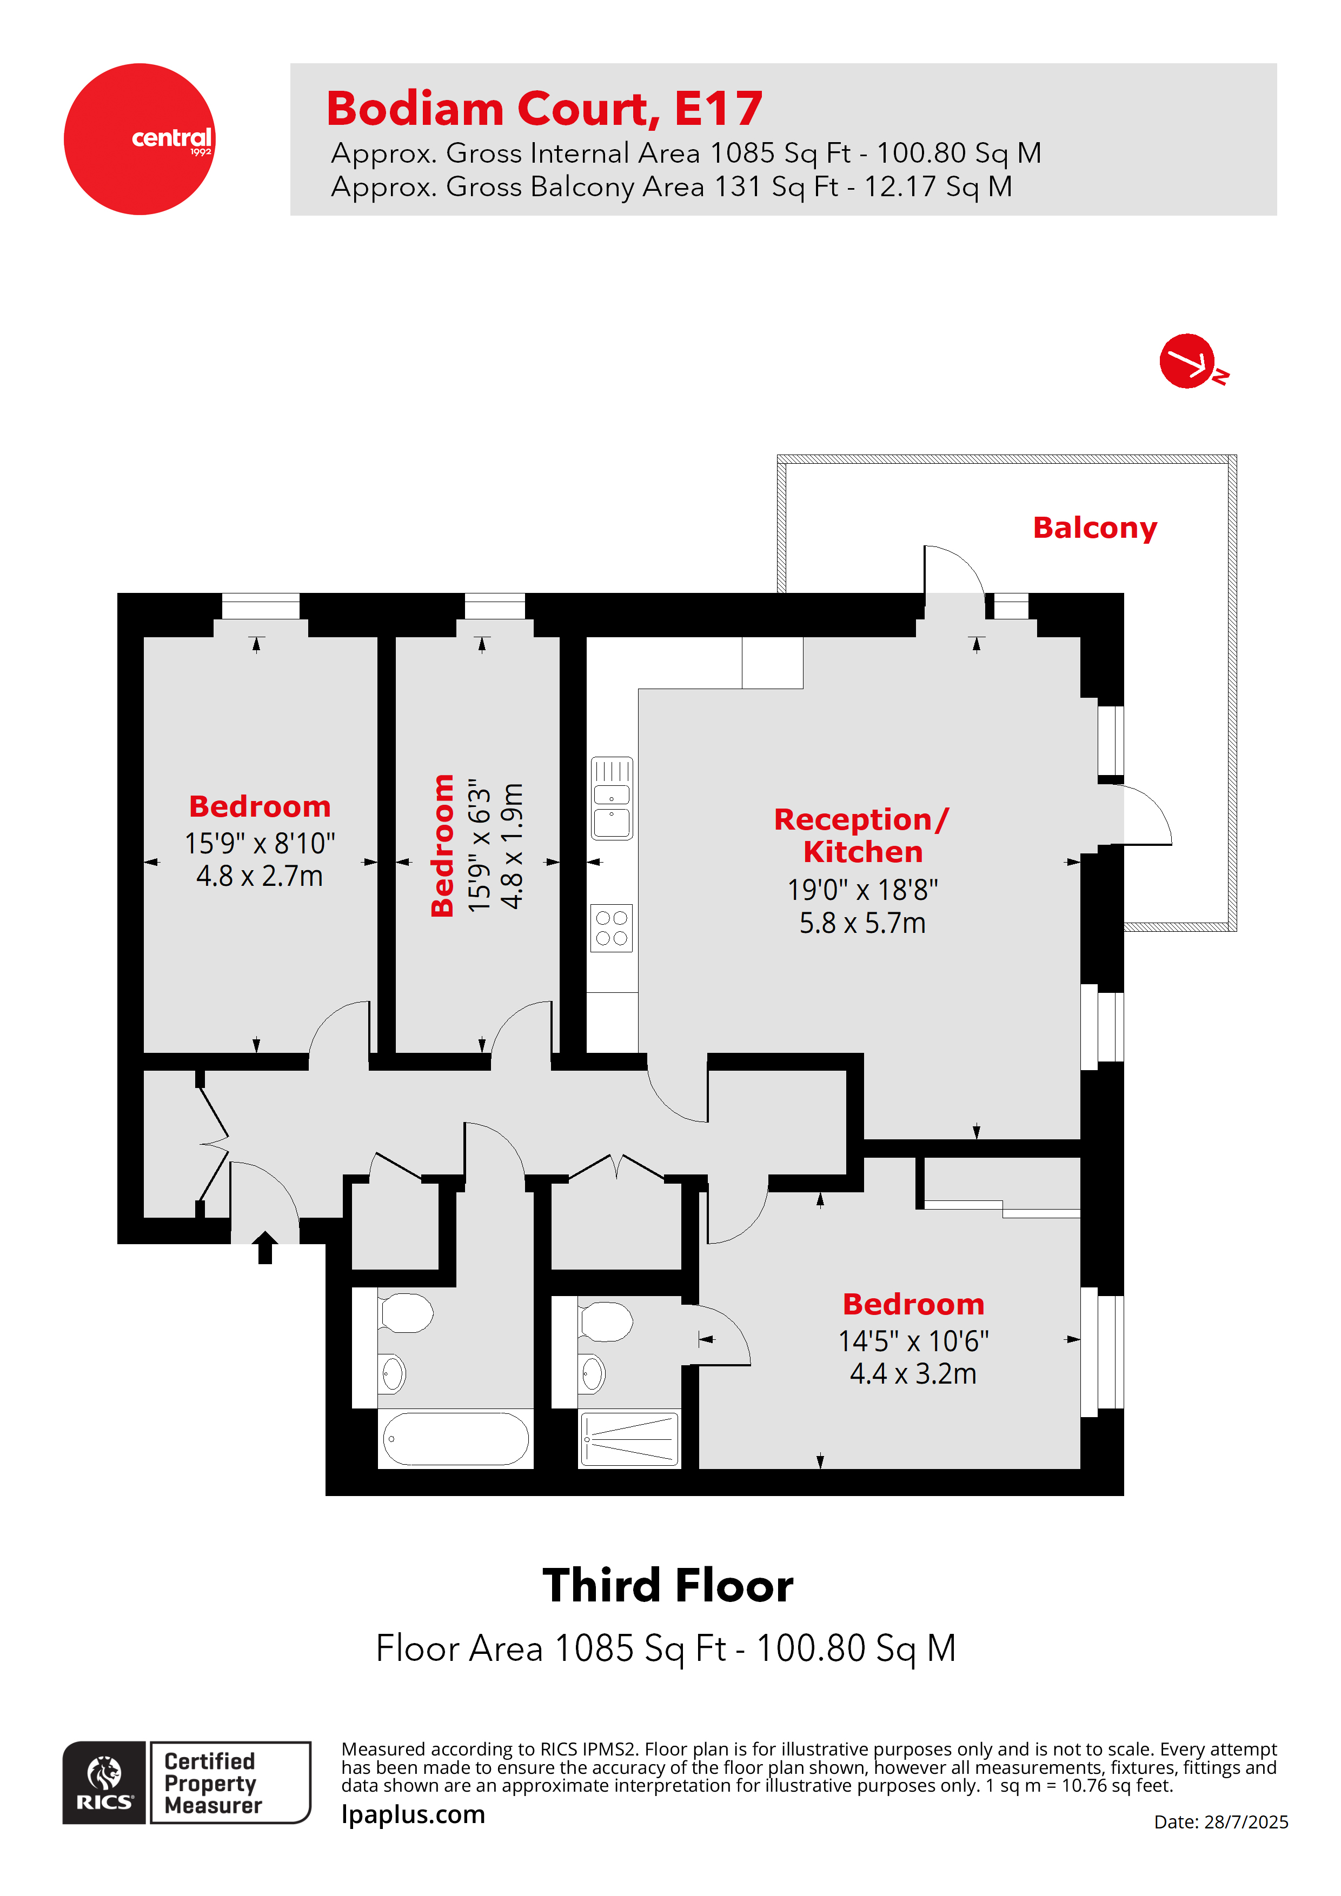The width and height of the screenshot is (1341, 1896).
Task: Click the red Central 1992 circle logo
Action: [139, 139]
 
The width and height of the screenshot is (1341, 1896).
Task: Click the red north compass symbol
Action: [1187, 361]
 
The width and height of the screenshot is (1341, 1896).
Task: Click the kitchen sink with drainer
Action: [612, 798]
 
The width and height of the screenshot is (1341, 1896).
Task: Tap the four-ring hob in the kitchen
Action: [612, 927]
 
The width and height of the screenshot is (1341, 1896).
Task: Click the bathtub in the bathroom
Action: [455, 1439]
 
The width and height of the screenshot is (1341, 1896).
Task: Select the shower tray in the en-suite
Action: [629, 1439]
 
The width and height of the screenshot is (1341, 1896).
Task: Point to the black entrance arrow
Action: [264, 1247]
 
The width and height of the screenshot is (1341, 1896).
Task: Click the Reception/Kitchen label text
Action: [862, 835]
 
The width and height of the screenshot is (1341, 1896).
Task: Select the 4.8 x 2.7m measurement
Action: [260, 876]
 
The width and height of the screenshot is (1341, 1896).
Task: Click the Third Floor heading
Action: [668, 1586]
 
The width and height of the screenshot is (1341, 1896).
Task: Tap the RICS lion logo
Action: [104, 1782]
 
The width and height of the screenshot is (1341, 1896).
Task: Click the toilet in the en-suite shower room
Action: [605, 1321]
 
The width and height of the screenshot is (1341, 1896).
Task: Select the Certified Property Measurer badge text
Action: [211, 1783]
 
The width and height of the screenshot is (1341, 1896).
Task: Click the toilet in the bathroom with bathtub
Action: [406, 1313]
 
